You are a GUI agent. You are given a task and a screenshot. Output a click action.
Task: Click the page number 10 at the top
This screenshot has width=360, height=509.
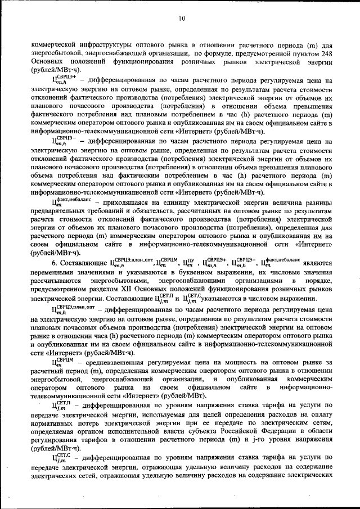tap(182, 19)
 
